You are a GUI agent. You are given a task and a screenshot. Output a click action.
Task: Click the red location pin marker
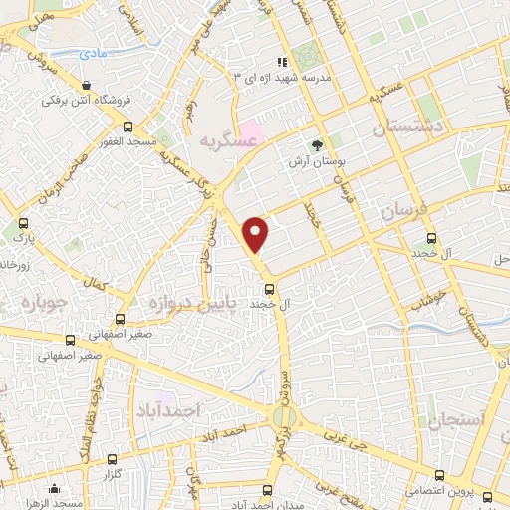coord(257,234)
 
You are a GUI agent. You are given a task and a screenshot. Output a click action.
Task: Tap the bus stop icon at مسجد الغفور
coord(127,127)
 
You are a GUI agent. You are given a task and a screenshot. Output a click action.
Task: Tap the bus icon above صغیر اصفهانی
coord(120,320)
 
